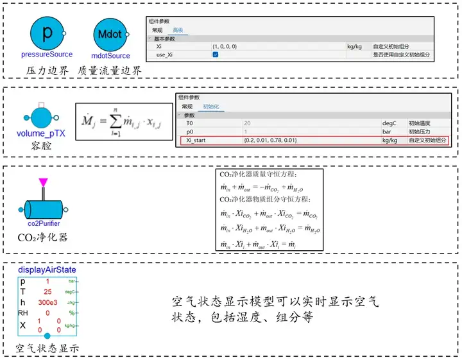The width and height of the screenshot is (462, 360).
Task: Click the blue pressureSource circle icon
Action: (47, 31)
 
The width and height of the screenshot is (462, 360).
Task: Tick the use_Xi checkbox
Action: (216, 55)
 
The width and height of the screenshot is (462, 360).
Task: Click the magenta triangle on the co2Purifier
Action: (43, 184)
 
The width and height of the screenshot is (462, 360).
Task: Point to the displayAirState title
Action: (47, 271)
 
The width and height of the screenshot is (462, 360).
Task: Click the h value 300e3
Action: (47, 302)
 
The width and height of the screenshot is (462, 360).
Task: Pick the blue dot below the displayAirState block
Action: (47, 336)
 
